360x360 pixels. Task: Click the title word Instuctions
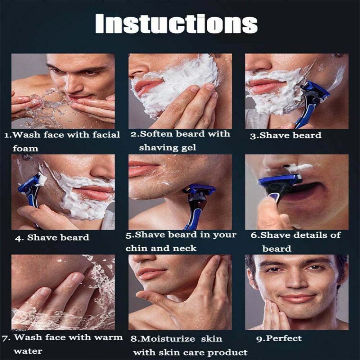coord(176,24)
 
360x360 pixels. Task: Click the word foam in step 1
coord(26,148)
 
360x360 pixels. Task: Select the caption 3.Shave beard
coord(285,135)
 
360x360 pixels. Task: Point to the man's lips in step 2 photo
coord(148,86)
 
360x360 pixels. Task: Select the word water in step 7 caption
coord(28,351)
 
